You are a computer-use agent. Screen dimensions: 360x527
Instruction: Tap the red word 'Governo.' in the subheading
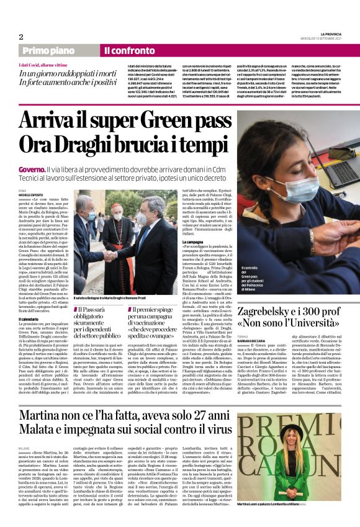point(31,169)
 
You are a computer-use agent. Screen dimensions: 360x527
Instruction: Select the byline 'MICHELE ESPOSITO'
point(30,194)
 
